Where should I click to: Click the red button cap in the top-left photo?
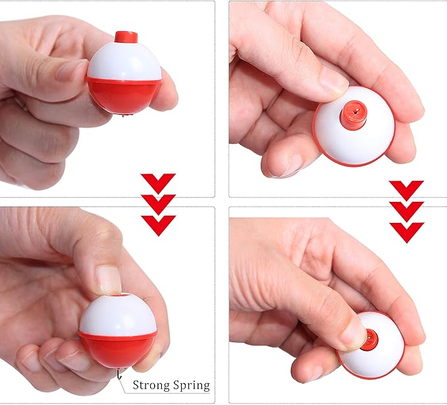pos(125,37)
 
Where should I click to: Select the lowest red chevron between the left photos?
pos(158,224)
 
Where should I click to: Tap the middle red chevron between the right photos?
pos(406,210)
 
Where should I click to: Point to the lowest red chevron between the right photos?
pos(406,232)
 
